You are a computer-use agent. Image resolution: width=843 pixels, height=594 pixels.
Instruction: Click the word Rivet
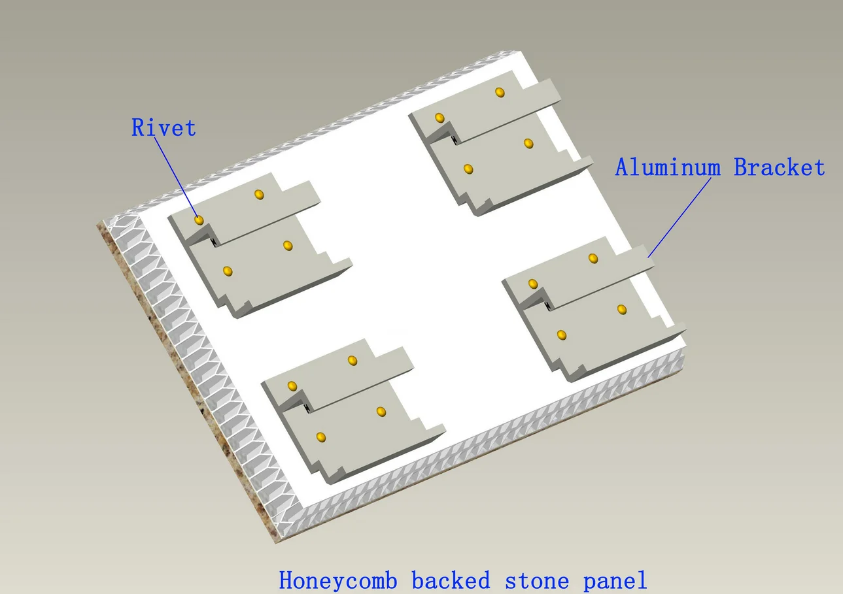[163, 127]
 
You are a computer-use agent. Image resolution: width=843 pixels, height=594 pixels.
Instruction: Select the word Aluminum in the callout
[667, 168]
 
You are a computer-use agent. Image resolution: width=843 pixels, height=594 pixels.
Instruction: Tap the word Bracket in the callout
[779, 168]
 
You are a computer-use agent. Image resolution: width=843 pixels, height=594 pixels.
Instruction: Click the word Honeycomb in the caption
[338, 580]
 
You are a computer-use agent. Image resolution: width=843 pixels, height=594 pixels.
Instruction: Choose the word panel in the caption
[614, 580]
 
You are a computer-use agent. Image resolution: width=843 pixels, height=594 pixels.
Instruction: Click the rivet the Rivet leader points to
[199, 220]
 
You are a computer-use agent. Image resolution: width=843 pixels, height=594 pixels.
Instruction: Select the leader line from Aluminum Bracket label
[680, 216]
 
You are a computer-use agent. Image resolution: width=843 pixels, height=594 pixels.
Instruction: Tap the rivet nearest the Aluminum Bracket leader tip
[593, 259]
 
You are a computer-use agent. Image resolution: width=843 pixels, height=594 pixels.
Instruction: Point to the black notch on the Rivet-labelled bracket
[214, 242]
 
